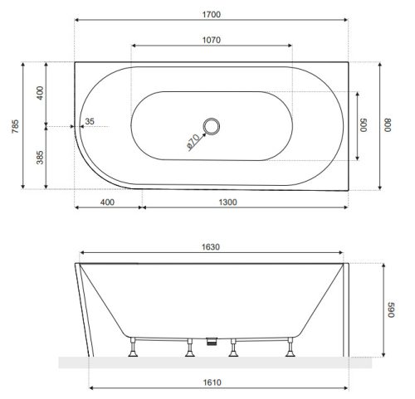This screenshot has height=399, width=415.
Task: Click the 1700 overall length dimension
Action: [212, 12]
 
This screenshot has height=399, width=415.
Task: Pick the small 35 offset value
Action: [90, 121]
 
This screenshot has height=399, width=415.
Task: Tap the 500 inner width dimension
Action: [362, 126]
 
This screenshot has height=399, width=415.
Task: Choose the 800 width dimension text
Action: [387, 126]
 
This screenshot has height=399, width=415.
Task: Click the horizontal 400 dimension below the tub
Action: [107, 202]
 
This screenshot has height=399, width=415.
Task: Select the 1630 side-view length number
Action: [212, 246]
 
